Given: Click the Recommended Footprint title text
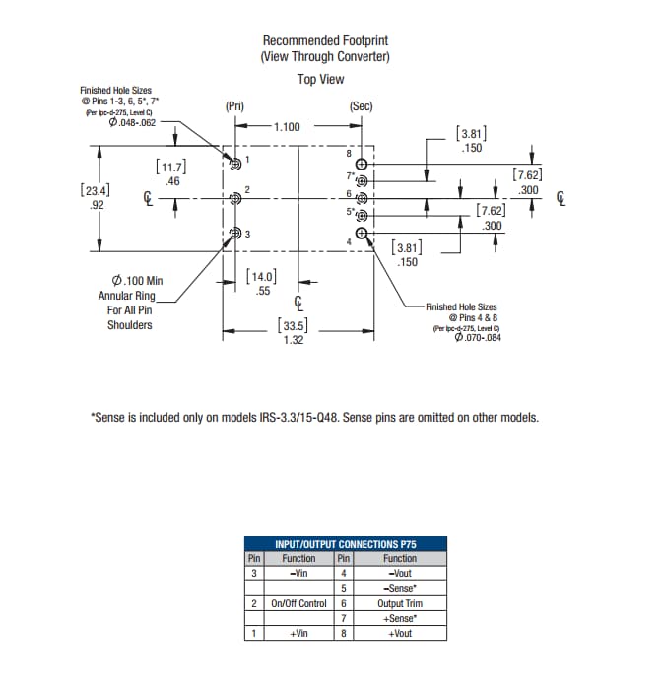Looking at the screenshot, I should coord(325,40).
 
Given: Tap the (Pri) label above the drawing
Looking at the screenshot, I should coord(234,105).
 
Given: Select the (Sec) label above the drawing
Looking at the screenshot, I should coord(362,105).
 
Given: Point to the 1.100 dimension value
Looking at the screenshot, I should coord(288,127).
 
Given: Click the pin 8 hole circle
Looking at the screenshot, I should coord(363,164).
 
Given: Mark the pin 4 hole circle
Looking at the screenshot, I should coord(363,234).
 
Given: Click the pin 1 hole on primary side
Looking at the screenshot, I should coord(235,164).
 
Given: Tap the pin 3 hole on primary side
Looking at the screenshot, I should coord(235,234).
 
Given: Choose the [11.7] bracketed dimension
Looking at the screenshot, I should coord(172,168).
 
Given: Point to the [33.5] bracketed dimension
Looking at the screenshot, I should coord(292,325).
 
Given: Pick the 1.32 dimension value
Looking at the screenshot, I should coord(292,340).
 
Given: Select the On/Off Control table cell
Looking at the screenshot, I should coord(298,603).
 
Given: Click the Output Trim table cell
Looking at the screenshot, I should coord(399,603).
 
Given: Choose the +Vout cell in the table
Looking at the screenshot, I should coord(399,633).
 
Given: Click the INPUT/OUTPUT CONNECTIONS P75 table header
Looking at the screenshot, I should coord(345,543).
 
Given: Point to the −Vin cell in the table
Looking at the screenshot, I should coord(298,573).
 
